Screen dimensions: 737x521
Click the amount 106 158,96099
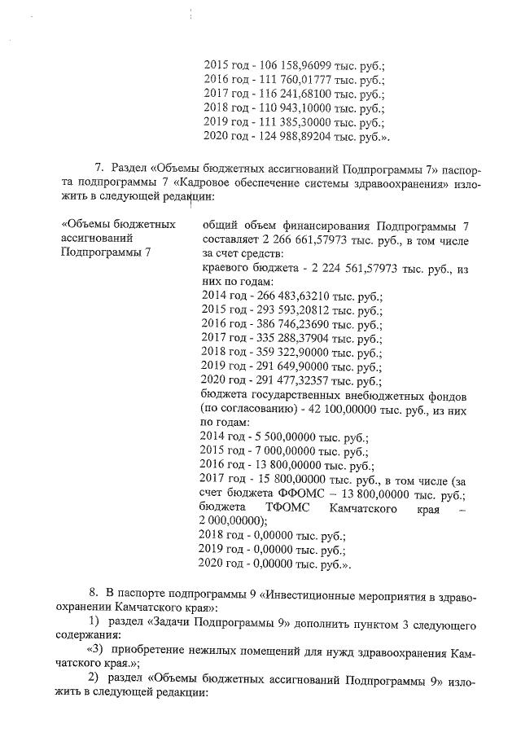pos(295,64)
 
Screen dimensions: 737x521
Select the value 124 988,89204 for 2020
pos(295,136)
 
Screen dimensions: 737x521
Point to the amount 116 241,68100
pos(295,93)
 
